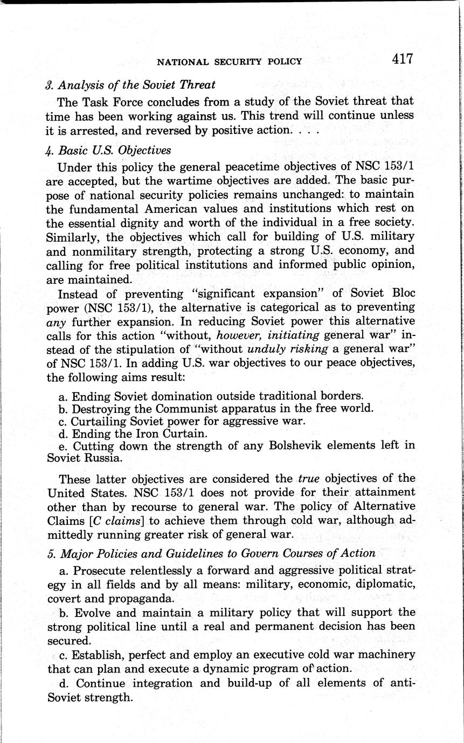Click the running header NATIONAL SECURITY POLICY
[x=229, y=62]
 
